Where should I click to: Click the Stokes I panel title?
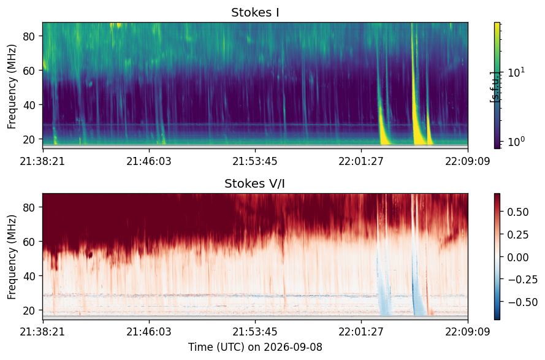pyautogui.click(x=255, y=12)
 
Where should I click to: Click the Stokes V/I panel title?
pyautogui.click(x=255, y=183)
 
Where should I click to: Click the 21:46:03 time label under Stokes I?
pyautogui.click(x=149, y=161)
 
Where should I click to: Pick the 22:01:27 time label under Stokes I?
pyautogui.click(x=361, y=161)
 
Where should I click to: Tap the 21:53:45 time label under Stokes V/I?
pyautogui.click(x=255, y=332)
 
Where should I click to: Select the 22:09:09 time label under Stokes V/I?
pyautogui.click(x=468, y=332)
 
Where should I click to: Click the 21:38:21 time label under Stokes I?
pyautogui.click(x=42, y=161)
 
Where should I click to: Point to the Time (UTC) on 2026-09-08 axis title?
pyautogui.click(x=255, y=347)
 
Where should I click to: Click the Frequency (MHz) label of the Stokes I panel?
pyautogui.click(x=12, y=86)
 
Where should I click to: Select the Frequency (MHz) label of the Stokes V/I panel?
pyautogui.click(x=12, y=257)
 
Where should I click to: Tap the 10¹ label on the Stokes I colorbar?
pyautogui.click(x=516, y=72)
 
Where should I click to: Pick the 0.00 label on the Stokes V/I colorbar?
pyautogui.click(x=518, y=258)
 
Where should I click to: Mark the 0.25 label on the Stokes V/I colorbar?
pyautogui.click(x=518, y=235)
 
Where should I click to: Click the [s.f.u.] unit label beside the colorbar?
pyautogui.click(x=494, y=86)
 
